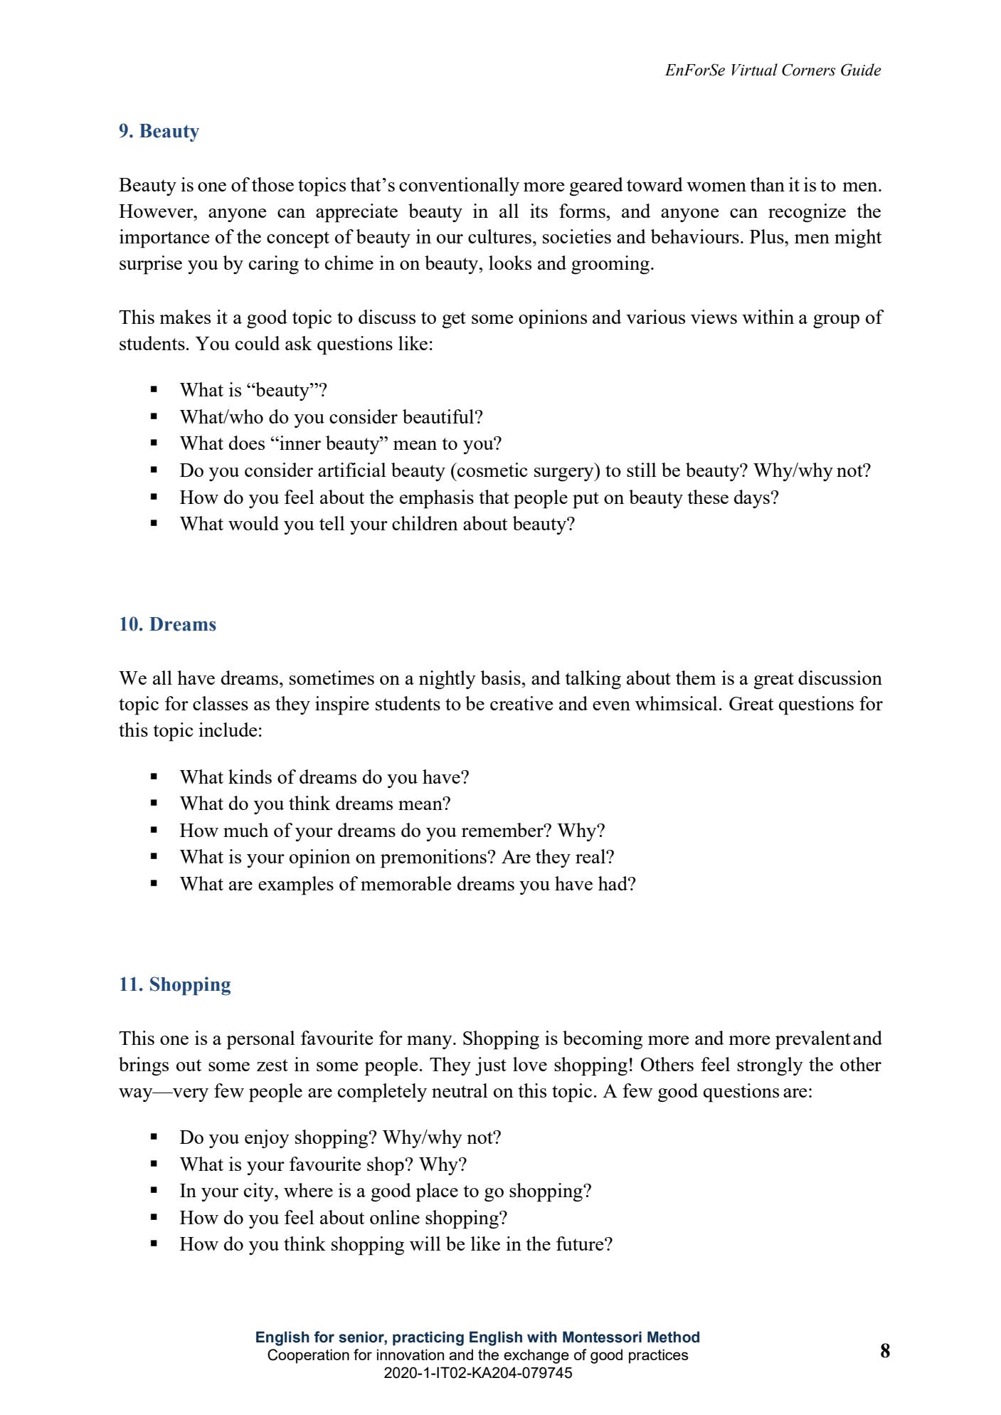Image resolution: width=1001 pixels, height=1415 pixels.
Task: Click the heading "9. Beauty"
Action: click(x=159, y=132)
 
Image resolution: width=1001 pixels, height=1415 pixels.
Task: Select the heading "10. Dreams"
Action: click(x=167, y=625)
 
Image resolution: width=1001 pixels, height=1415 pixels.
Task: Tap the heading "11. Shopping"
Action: click(x=175, y=985)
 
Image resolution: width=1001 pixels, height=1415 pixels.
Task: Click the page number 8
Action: click(x=884, y=1351)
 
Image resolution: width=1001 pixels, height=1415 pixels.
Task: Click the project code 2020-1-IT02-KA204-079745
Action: click(x=477, y=1373)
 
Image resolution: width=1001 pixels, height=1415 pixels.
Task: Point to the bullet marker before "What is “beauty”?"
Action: click(x=153, y=390)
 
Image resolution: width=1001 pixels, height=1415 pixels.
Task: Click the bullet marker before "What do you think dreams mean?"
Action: click(x=153, y=804)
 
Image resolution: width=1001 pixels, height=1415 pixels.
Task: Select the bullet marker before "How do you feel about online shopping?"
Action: click(x=153, y=1218)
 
